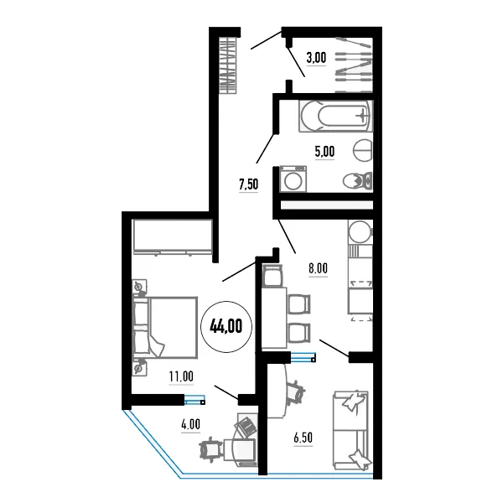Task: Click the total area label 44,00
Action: pos(226,326)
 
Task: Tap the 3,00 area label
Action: pos(316,58)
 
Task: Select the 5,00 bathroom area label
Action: pos(324,152)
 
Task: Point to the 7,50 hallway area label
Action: pos(249,184)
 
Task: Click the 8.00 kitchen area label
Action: pos(319,268)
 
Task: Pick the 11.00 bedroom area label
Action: pos(181,376)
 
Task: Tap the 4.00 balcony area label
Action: pos(190,424)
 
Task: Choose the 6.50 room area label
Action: pos(303,438)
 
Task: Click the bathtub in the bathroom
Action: pos(336,116)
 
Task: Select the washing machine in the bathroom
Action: pos(293,179)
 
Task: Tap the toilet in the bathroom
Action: pos(358,181)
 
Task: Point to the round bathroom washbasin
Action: pos(363,150)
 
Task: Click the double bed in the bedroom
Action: pos(165,327)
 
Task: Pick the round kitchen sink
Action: pos(360,231)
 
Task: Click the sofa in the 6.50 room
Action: pos(351,430)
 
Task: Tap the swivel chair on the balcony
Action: pos(210,449)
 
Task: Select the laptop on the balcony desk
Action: pos(246,427)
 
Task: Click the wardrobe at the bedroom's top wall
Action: pos(173,236)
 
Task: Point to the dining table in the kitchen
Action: pos(274,318)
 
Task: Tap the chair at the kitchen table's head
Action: pos(272,276)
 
